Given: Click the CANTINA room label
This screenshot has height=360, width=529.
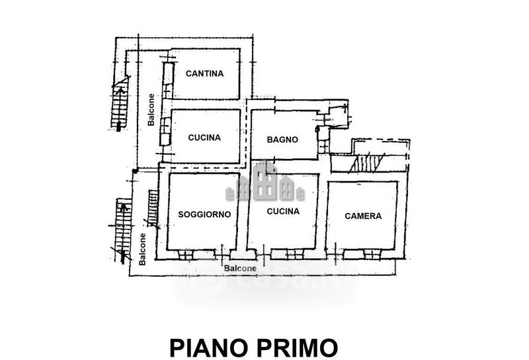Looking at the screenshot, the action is click(x=204, y=73).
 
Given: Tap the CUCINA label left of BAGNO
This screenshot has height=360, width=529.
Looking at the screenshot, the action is click(x=204, y=138).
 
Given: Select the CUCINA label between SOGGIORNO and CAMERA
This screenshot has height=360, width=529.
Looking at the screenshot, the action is click(x=283, y=211).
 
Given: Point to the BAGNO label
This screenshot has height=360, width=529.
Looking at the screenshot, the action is click(x=282, y=140).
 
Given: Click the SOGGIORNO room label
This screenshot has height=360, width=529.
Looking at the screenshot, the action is click(x=204, y=214).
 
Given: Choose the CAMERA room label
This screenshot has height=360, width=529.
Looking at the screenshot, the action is click(x=363, y=216).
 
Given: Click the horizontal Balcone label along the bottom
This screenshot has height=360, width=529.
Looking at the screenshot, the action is click(x=240, y=269).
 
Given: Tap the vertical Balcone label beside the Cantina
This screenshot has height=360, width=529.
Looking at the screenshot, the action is click(x=151, y=110).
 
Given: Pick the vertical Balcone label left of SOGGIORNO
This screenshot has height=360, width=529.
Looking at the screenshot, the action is click(x=142, y=249).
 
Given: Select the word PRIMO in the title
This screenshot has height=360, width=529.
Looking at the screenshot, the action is click(x=298, y=348).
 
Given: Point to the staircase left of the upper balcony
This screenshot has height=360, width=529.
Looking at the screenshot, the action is click(x=120, y=104).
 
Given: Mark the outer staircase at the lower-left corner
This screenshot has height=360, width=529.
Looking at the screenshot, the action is click(x=122, y=230).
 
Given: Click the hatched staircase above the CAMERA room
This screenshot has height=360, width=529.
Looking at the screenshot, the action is click(x=368, y=163).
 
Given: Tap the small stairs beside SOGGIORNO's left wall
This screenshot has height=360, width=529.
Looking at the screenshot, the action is click(x=153, y=208).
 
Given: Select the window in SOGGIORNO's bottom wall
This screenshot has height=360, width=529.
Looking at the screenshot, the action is click(x=185, y=255).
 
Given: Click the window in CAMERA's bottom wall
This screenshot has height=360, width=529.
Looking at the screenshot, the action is click(x=372, y=254).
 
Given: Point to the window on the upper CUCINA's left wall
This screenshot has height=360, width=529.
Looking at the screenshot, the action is click(x=165, y=132).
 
